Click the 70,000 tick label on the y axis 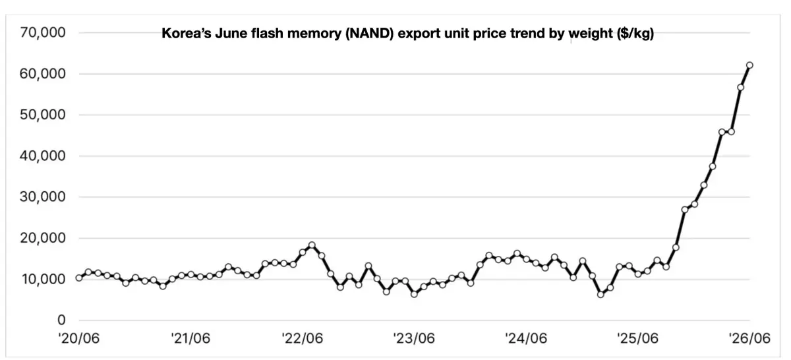coord(43,32)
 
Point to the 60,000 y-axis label coord(43,73)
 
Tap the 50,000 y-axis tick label coord(43,115)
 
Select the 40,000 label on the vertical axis coord(43,156)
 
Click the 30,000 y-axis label coord(43,196)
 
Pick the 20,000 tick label coord(43,238)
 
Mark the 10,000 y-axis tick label coord(44,279)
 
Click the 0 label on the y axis coord(61,320)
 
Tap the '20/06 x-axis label coord(79,338)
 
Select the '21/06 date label coord(190,338)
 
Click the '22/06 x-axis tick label coord(303,338)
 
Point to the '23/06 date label coord(414,338)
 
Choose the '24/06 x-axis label coord(526,338)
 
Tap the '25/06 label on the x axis coord(638,338)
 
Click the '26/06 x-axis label coord(749,338)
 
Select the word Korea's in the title coord(186,33)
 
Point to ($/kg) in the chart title coord(635,34)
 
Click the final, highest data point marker coord(749,65)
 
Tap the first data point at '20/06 coord(79,278)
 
